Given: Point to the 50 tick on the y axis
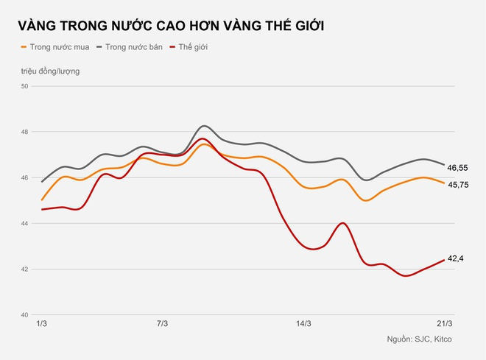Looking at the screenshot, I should click(24, 87).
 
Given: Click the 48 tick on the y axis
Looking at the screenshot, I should click(24, 133).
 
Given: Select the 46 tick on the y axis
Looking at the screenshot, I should click(24, 178).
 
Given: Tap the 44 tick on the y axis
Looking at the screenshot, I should click(24, 224).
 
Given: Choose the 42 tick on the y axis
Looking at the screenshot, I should click(24, 269).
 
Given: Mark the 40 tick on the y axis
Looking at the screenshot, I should click(24, 315).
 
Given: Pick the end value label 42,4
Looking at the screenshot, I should click(457, 258).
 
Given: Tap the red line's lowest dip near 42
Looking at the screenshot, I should click(405, 276).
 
